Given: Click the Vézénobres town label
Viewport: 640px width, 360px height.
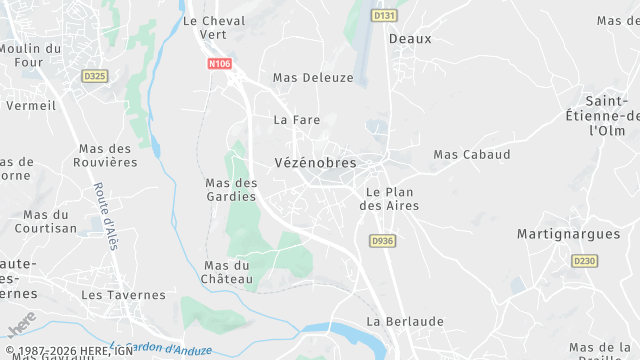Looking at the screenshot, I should (315, 162).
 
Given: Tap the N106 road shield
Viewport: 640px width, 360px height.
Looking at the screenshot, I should (220, 64).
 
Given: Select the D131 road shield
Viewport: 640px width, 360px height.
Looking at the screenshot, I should (383, 16).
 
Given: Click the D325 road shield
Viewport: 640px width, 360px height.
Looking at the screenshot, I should (95, 76).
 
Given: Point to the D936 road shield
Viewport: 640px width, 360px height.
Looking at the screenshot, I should (382, 241).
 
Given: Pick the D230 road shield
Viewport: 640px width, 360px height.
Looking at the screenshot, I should (584, 260).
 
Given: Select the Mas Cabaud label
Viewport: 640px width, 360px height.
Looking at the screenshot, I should (471, 155).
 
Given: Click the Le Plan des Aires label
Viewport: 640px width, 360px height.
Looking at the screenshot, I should (389, 198).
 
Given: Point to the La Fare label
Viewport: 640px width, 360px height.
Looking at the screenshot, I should (295, 119).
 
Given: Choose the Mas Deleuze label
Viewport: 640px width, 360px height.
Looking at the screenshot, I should (313, 77).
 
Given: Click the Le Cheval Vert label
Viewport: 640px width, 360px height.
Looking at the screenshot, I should (214, 27).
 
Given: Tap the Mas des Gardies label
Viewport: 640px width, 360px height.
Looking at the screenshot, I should (231, 189).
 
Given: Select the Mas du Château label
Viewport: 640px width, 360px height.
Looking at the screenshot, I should (226, 272).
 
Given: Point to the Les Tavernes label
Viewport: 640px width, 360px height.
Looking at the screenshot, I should (123, 295).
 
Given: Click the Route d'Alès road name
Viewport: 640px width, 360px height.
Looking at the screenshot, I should (106, 216).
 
